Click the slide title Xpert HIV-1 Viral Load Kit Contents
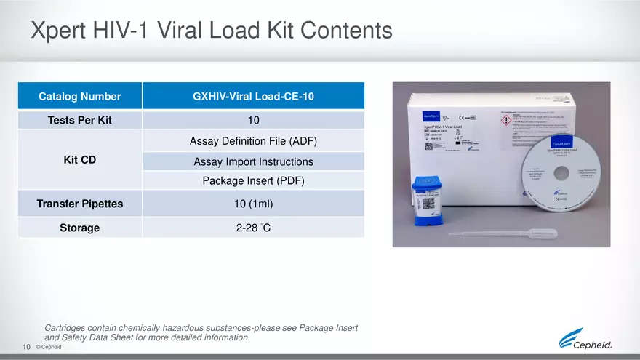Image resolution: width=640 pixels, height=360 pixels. point(211,31)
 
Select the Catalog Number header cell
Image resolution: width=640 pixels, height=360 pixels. point(80,96)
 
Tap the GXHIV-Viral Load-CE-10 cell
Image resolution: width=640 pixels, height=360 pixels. point(253,96)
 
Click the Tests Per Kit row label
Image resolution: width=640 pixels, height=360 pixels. point(80,120)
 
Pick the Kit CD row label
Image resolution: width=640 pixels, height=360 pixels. point(80,159)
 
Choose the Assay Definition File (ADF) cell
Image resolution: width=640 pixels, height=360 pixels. point(253,140)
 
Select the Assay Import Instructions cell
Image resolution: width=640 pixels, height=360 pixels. point(253,161)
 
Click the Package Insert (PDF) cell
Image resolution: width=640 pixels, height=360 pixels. point(253,180)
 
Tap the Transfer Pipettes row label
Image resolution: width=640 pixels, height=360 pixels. point(80,204)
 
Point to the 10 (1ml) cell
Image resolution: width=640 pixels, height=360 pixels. point(253,204)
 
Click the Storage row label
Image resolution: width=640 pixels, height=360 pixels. point(80,228)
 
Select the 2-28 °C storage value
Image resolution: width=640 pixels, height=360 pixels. point(253,228)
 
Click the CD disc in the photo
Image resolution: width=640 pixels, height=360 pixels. point(560,172)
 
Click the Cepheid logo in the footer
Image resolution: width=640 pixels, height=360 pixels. point(585,340)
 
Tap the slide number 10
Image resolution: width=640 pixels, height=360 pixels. point(26,347)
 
